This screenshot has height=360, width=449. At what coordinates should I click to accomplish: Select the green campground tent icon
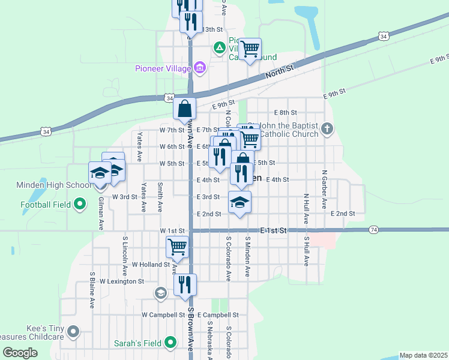point(220,47)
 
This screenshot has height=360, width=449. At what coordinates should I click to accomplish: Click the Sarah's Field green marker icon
point(171,343)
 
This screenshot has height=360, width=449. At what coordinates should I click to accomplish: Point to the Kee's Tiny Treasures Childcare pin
point(73,331)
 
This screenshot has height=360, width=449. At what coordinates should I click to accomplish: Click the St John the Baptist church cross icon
point(327,128)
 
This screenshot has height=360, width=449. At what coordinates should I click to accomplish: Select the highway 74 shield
point(373,230)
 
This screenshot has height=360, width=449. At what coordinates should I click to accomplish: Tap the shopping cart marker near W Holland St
point(177,246)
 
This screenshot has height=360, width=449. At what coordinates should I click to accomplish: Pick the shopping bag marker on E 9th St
point(185,109)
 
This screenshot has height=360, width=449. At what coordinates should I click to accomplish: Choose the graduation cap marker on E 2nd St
point(240,202)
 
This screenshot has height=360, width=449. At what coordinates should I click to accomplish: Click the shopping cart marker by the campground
point(250,49)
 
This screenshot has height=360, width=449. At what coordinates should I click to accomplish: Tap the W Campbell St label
point(163,314)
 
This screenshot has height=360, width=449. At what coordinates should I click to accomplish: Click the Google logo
point(20,353)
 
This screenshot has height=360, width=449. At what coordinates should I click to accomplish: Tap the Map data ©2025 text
point(423,355)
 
